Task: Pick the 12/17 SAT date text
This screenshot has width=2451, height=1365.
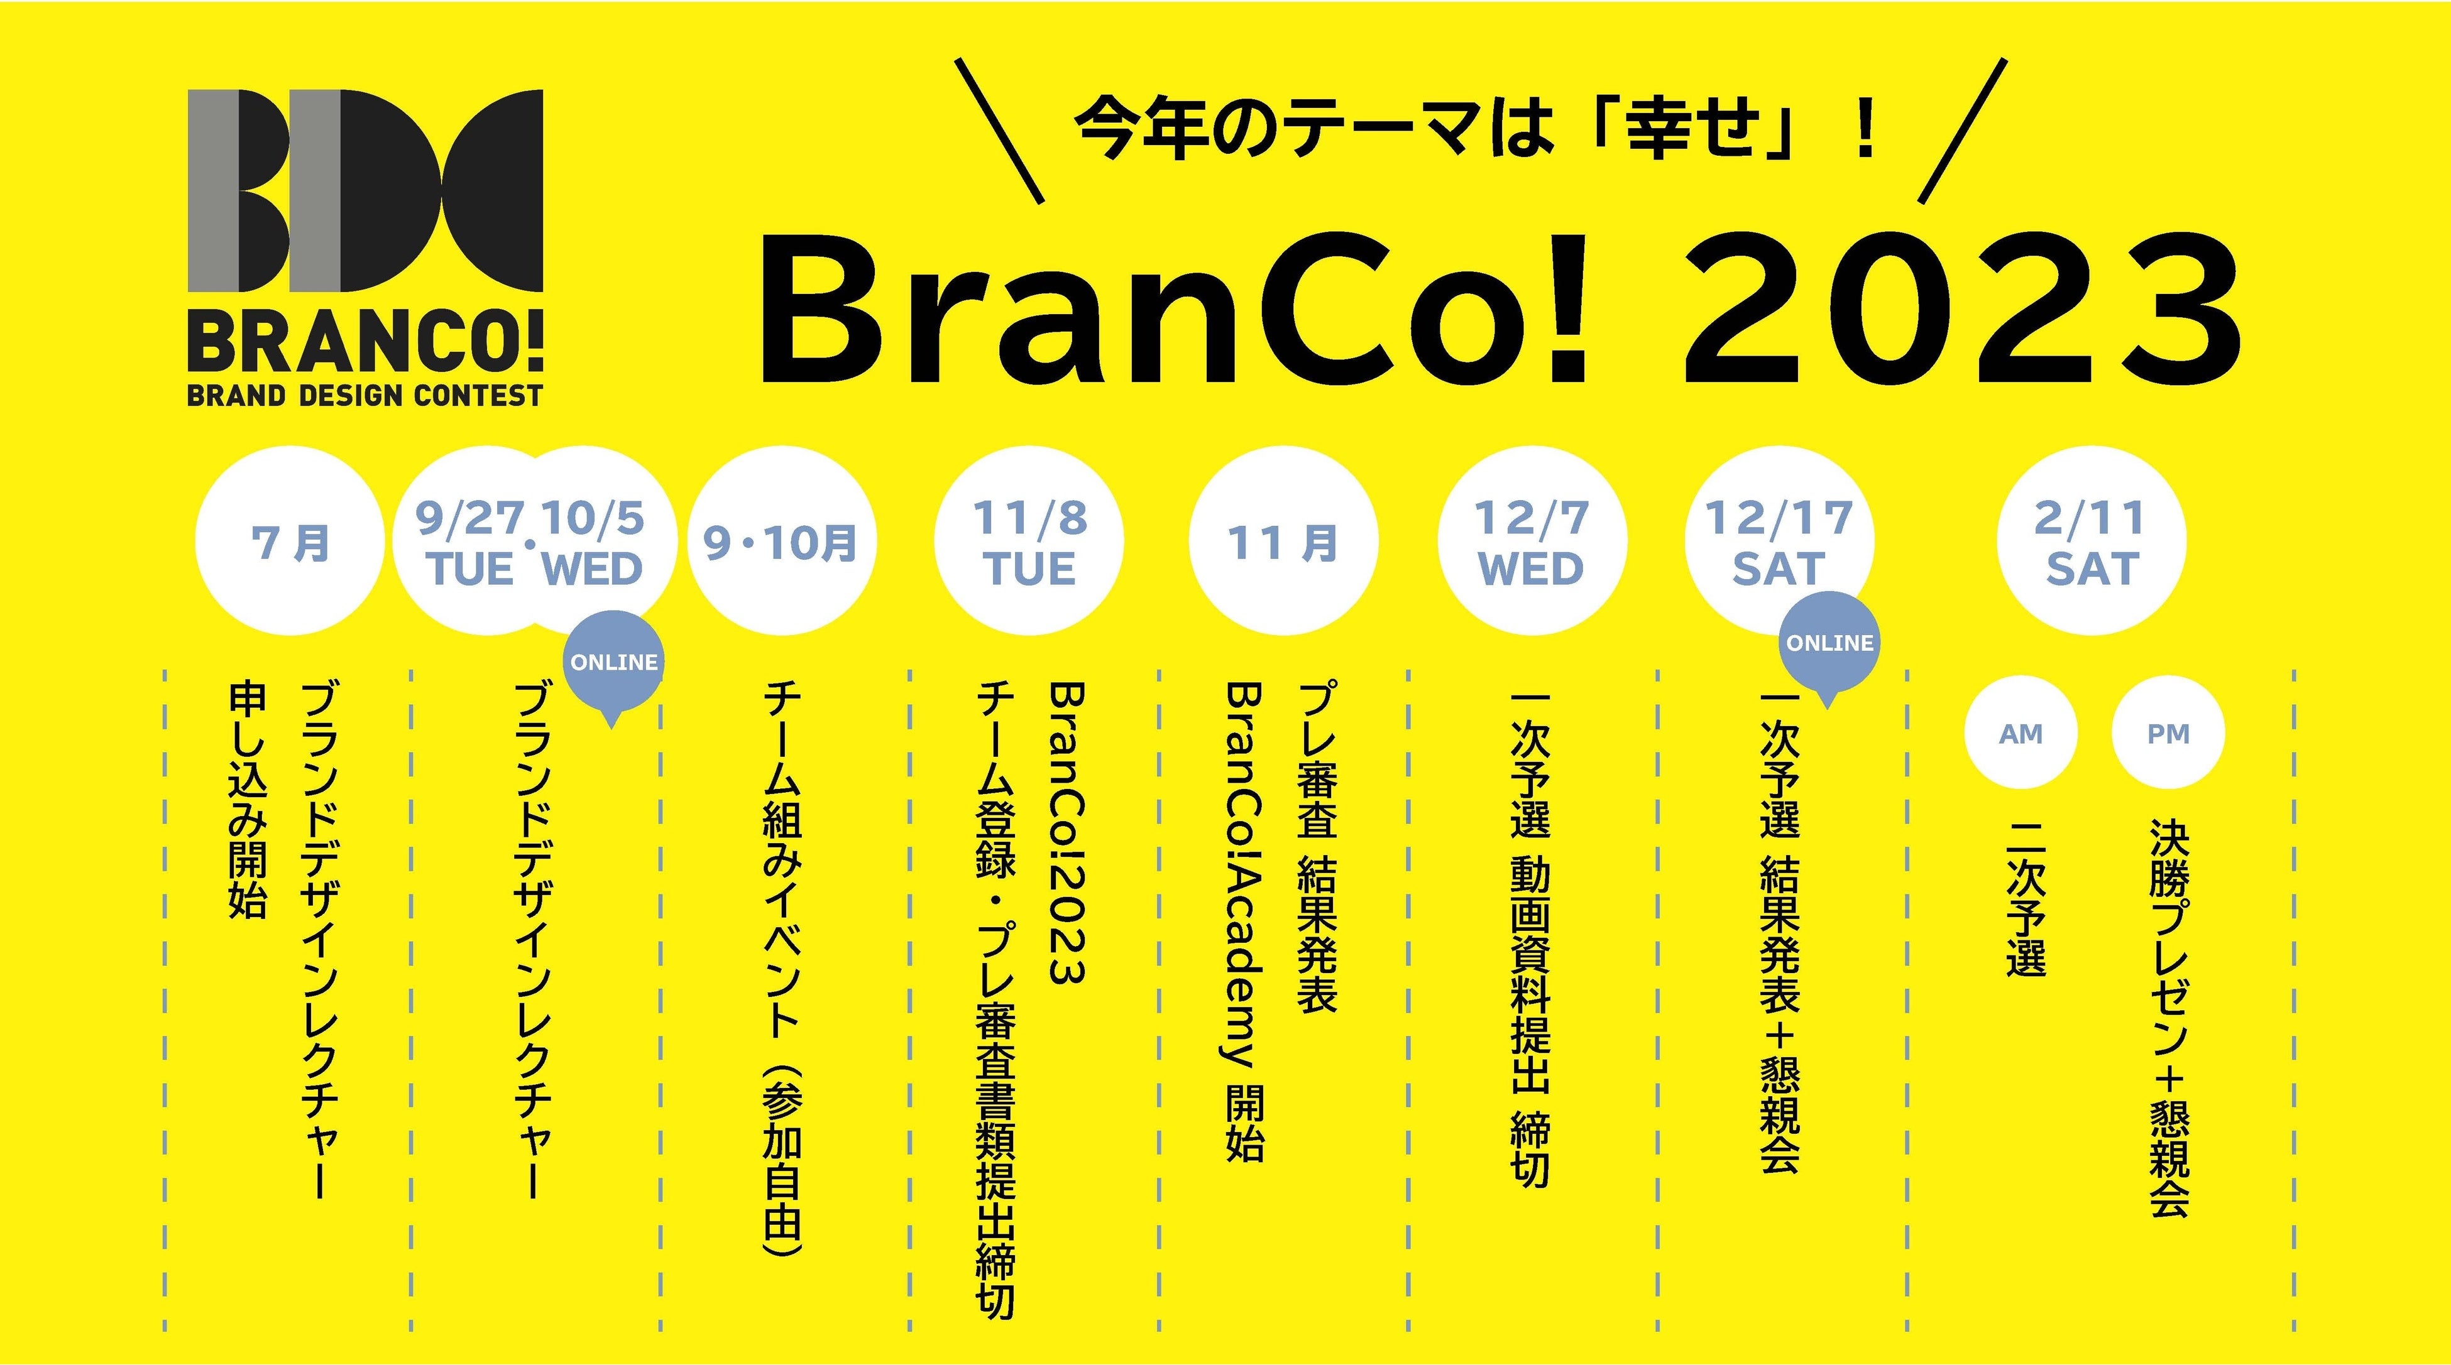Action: coord(1779,542)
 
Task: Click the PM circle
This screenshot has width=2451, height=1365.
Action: coord(2168,734)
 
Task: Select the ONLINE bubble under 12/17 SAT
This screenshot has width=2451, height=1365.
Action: coord(1829,644)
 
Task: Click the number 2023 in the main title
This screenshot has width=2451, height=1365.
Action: coord(1960,309)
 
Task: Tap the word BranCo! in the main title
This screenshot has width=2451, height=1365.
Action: coord(1170,309)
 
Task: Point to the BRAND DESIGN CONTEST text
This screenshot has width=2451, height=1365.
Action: coord(365,394)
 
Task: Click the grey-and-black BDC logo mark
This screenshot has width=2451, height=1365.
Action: coord(365,190)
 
